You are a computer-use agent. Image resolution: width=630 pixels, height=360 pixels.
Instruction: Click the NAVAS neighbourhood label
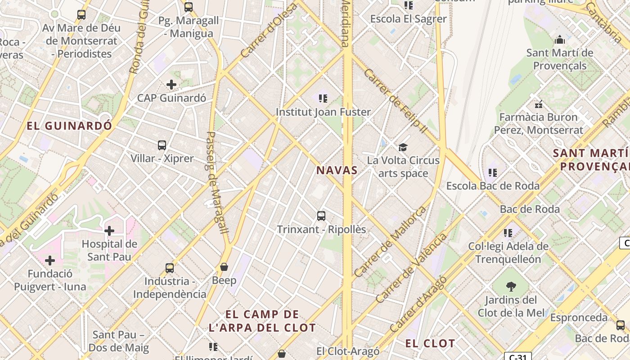337,170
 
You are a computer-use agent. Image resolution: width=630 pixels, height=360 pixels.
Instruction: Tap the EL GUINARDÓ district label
69,126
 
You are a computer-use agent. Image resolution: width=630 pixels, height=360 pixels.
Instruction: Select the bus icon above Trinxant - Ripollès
321,216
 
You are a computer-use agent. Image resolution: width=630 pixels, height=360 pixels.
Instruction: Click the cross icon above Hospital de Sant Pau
109,231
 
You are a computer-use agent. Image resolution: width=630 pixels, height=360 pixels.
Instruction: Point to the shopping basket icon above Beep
224,267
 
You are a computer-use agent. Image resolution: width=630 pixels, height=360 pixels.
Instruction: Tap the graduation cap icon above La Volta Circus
403,147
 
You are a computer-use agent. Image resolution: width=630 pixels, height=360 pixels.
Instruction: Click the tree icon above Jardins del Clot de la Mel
511,286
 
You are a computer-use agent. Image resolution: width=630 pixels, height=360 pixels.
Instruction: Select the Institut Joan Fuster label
323,112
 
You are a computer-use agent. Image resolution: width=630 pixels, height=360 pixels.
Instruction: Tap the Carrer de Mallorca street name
390,242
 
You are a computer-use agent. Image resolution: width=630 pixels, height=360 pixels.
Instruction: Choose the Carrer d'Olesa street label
269,31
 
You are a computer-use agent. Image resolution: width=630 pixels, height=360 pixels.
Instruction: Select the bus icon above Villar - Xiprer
162,145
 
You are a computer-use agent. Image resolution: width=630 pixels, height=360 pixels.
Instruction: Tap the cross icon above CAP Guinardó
171,84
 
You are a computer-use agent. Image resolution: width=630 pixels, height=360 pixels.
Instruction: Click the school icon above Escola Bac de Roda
493,172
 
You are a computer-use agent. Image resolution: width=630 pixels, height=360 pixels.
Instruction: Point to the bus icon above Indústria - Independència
170,268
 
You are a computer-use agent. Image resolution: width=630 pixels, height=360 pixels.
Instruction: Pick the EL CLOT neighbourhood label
430,343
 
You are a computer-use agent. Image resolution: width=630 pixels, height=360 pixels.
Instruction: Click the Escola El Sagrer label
408,19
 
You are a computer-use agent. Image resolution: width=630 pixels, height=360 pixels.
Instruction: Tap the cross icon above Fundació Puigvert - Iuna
50,261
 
